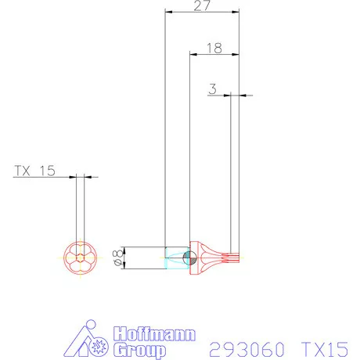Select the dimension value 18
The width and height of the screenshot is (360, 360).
[214, 48]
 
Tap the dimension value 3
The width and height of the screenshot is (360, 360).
[212, 89]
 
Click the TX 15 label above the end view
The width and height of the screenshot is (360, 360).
[35, 171]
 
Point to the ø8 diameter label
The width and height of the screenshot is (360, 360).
[118, 257]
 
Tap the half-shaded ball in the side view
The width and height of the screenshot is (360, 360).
[188, 257]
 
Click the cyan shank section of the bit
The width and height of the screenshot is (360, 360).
[174, 257]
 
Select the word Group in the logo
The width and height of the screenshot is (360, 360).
[140, 350]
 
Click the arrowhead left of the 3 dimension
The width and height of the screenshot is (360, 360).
[227, 95]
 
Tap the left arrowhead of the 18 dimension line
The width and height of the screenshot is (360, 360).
[194, 54]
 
